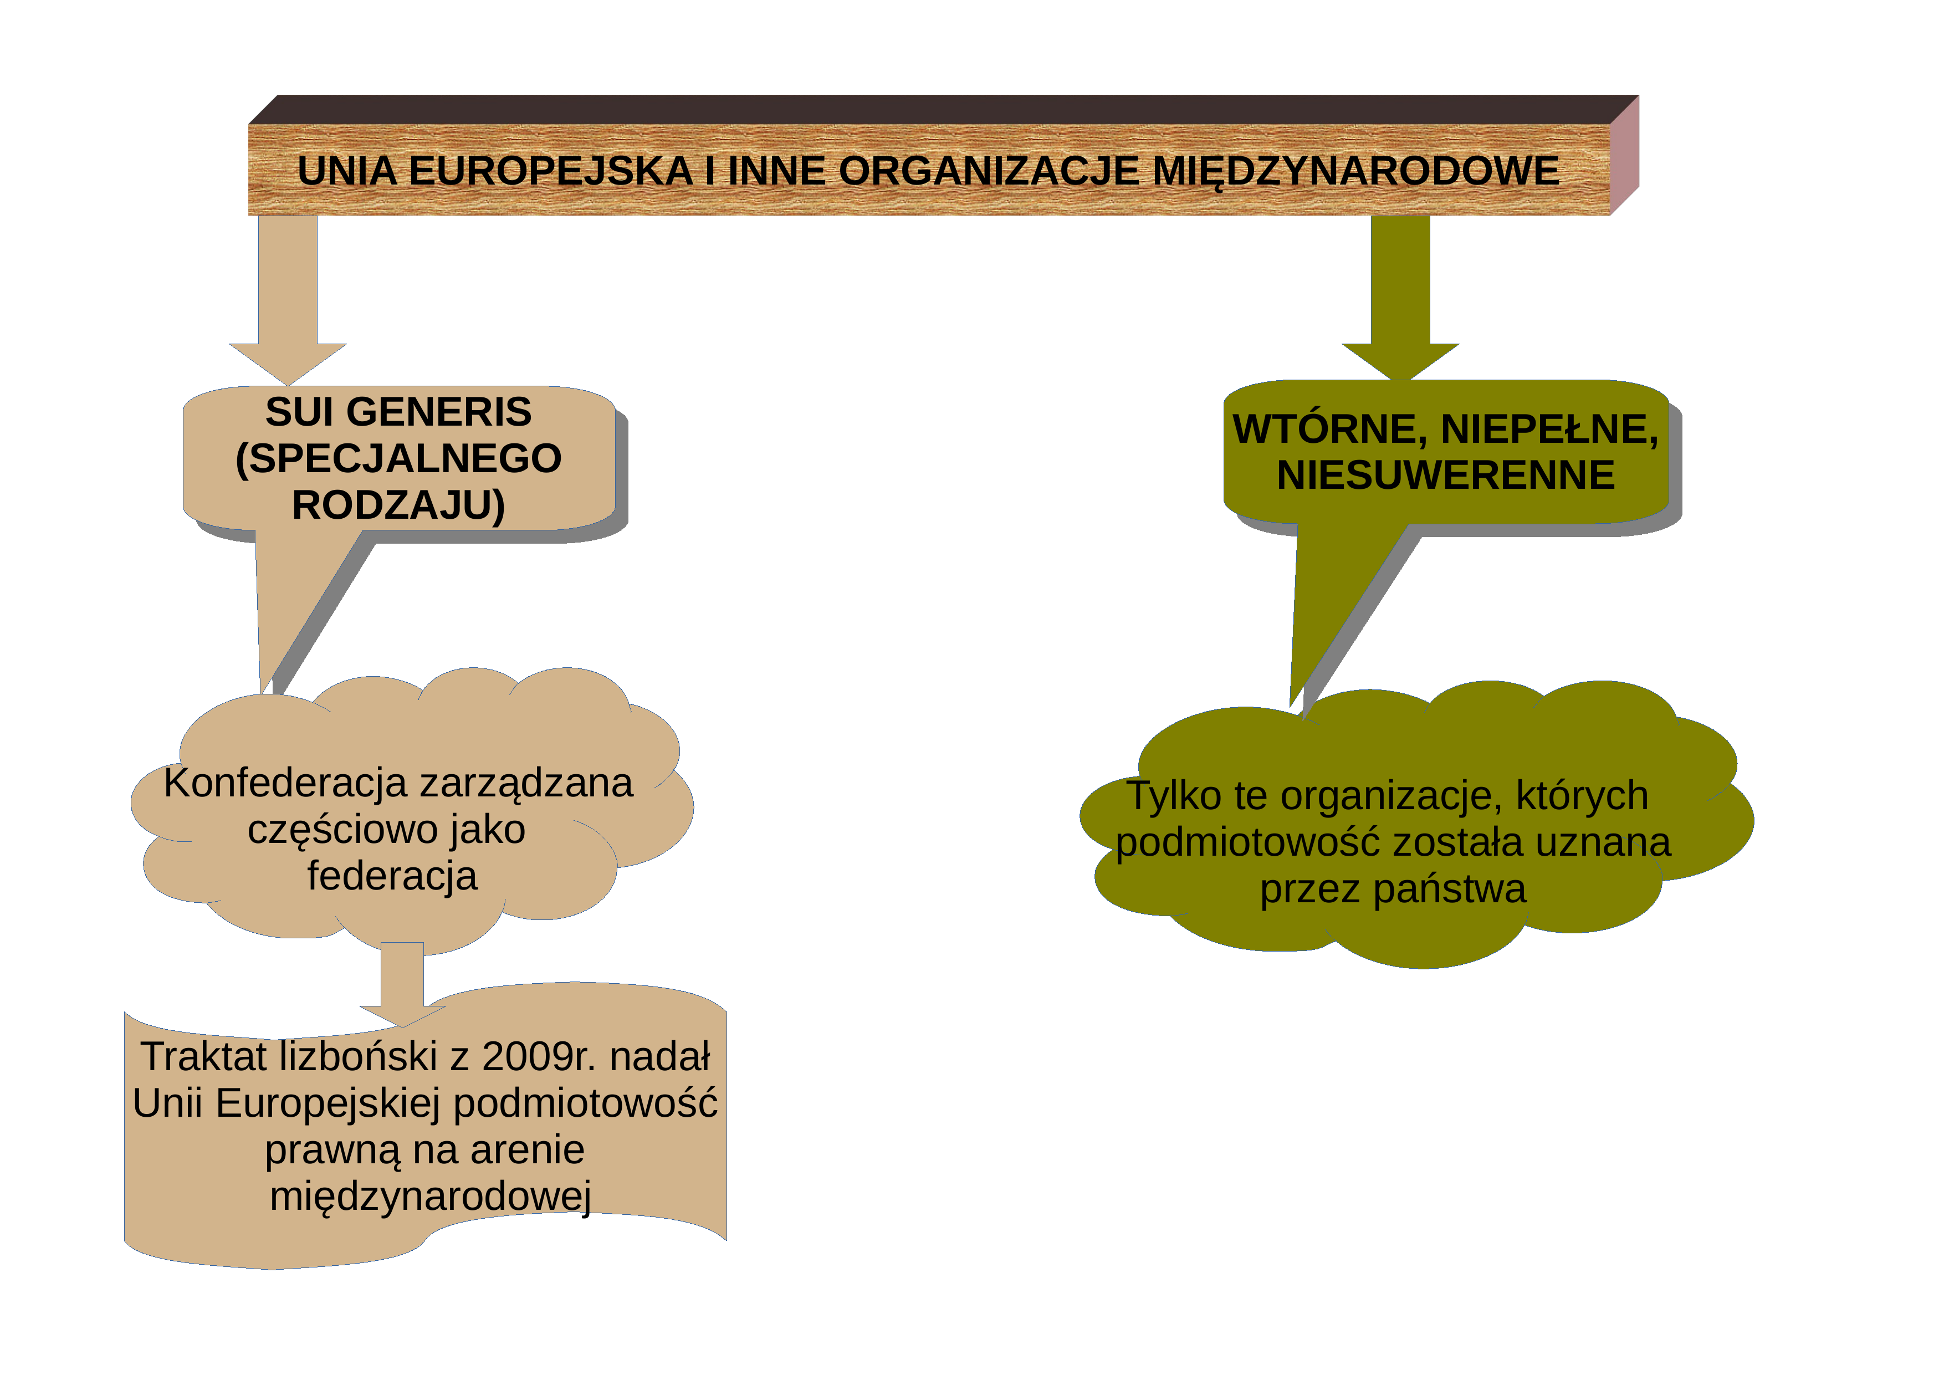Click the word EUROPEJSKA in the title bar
(550, 171)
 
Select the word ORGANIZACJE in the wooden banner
(988, 171)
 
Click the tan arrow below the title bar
(288, 300)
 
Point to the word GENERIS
(438, 412)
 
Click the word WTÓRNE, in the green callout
(1330, 430)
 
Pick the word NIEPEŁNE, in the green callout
(1549, 430)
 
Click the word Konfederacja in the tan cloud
(285, 783)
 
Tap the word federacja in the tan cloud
(392, 876)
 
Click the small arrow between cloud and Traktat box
(402, 985)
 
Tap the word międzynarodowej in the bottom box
(430, 1197)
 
